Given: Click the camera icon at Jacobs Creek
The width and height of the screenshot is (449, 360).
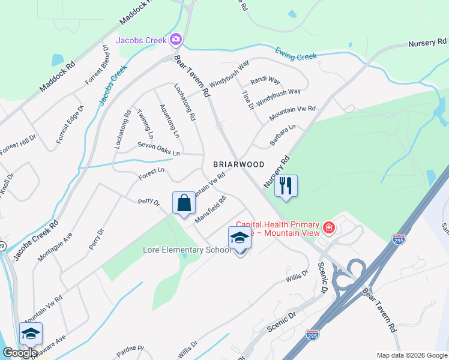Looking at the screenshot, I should (x=176, y=40).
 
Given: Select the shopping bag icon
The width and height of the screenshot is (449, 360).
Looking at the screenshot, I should (x=184, y=202).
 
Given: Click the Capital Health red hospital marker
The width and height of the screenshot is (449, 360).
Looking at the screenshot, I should (x=328, y=227).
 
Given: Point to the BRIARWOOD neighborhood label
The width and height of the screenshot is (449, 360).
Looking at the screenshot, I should (x=239, y=164).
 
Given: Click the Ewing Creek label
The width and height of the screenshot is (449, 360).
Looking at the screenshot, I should (x=296, y=55).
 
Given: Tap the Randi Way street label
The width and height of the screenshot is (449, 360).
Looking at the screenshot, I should (x=265, y=80).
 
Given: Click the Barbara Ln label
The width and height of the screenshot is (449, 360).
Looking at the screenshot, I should (x=283, y=135).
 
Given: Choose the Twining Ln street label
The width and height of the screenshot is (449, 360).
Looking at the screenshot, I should (x=145, y=122).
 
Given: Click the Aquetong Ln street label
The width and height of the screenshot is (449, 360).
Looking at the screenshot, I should (x=169, y=121).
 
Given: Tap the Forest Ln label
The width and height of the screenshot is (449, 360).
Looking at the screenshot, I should (x=151, y=172).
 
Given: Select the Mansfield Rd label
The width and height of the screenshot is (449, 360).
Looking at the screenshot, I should (x=209, y=209).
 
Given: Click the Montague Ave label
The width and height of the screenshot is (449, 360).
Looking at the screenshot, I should (x=55, y=246).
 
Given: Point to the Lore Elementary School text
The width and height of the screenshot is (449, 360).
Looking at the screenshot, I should (x=187, y=250).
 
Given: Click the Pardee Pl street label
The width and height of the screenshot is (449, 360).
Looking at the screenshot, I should (x=132, y=348).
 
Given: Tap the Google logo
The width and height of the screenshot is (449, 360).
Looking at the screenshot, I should (x=20, y=353).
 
